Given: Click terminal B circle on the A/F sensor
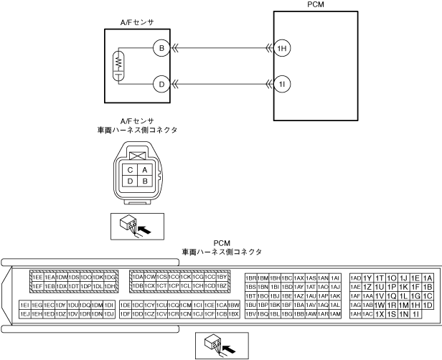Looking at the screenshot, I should pos(161,49).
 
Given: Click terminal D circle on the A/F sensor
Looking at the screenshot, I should pos(161,85).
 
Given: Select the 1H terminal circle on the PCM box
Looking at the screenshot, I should pos(282,49).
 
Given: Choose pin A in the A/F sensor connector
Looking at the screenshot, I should pos(145,170).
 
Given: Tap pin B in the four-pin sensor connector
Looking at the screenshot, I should pos(145,181).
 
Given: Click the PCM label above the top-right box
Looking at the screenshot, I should pos(314,4).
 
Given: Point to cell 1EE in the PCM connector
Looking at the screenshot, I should pos(37,277).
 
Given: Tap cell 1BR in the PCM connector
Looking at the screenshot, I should pos(251,278).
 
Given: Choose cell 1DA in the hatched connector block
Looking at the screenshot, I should pos(136,277).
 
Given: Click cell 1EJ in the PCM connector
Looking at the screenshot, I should pos(24,314).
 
